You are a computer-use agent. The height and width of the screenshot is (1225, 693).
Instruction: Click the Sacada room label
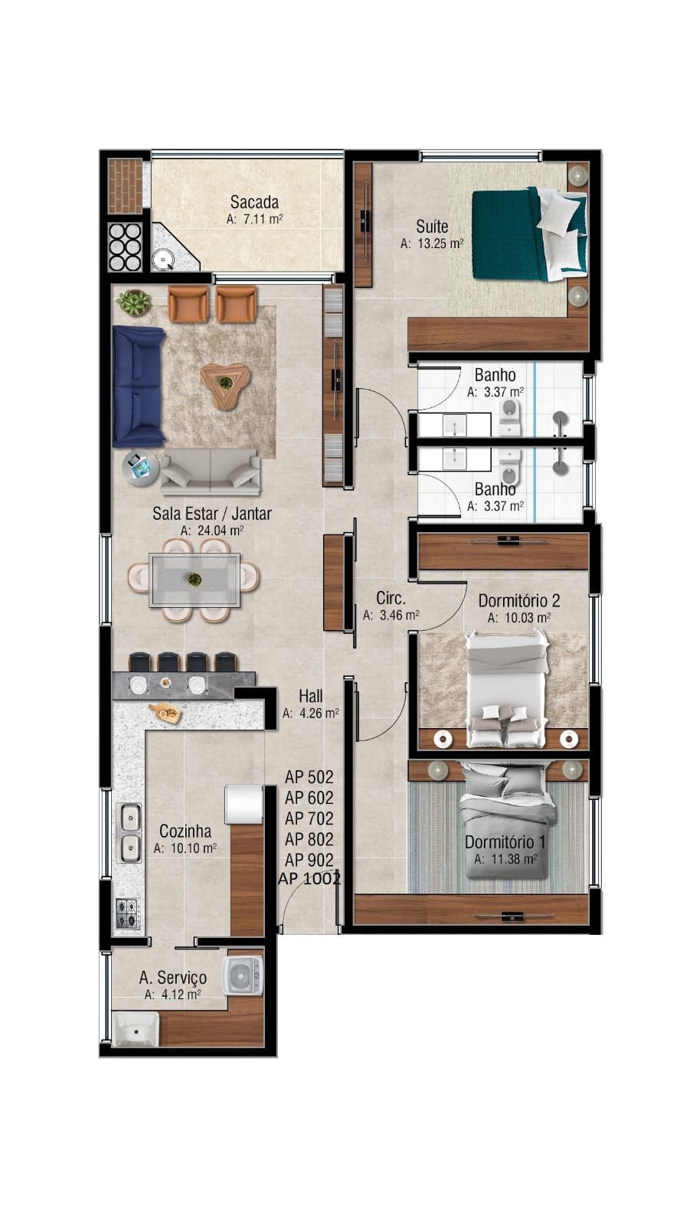pos(254,202)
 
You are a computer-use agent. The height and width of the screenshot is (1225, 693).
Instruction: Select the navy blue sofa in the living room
pos(139,386)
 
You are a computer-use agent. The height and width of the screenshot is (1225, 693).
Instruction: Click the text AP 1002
pos(309,879)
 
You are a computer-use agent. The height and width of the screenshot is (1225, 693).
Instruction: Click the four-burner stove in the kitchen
pos(128,913)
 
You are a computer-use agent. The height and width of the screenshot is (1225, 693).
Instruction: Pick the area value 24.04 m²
pos(212,530)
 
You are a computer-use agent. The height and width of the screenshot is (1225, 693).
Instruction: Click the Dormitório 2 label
pos(518,600)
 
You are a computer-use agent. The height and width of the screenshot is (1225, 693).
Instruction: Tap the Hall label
pos(310,696)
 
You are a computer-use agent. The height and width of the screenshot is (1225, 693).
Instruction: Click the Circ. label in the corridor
pos(391,598)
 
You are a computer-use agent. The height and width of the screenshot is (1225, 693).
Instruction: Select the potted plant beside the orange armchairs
pos(136,302)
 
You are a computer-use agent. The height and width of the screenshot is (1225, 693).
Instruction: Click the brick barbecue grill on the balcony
pos(125,185)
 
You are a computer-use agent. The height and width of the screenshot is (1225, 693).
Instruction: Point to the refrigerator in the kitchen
pos(243,804)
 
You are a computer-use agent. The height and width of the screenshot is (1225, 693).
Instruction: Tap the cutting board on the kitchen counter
pos(166,712)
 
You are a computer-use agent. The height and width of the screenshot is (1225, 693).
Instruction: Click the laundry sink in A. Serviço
pos(136,1028)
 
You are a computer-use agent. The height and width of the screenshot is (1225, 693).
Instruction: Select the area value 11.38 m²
pos(505,859)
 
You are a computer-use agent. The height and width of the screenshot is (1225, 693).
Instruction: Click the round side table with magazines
pos(140,466)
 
